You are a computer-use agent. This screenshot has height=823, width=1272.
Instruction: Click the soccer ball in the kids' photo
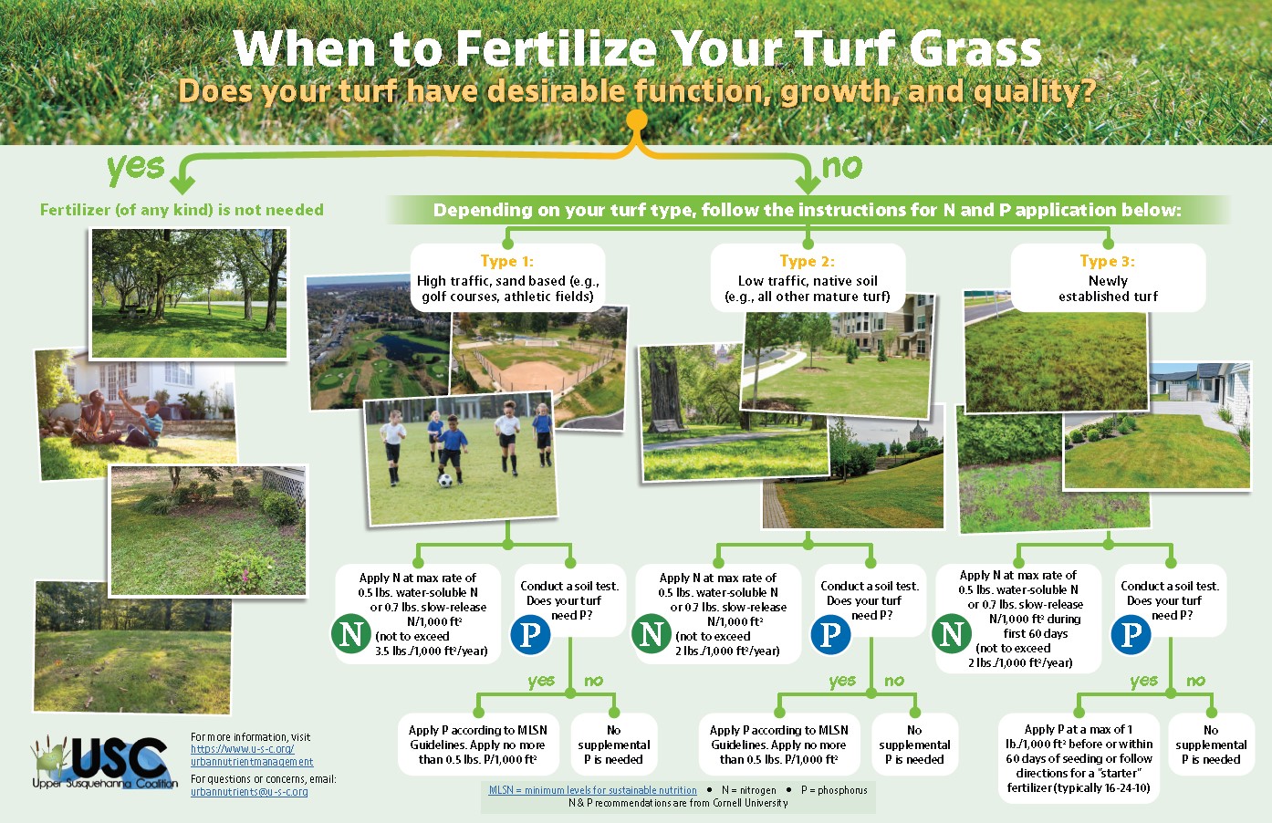pyautogui.click(x=445, y=481)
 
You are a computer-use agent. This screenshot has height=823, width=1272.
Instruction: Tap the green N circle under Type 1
pyautogui.click(x=351, y=633)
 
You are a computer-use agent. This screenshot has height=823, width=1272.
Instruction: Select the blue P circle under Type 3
pyautogui.click(x=1131, y=633)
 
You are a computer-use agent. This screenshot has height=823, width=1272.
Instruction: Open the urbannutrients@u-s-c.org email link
pyautogui.click(x=249, y=792)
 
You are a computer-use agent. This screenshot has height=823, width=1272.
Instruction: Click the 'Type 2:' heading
pyautogui.click(x=807, y=261)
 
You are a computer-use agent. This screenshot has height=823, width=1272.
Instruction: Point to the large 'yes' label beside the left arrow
pyautogui.click(x=136, y=167)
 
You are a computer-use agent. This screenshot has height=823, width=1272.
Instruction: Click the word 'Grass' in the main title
pyautogui.click(x=975, y=48)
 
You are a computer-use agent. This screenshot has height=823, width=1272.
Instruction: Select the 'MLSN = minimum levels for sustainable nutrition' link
pyautogui.click(x=593, y=790)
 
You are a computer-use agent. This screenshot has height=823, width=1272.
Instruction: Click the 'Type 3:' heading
pyautogui.click(x=1108, y=261)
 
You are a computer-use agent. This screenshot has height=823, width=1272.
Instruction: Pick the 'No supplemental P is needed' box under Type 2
pyautogui.click(x=914, y=745)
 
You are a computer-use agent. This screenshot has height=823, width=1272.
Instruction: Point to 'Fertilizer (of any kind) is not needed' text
pyautogui.click(x=182, y=210)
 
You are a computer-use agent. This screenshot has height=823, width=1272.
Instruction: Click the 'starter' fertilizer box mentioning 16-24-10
pyautogui.click(x=1079, y=757)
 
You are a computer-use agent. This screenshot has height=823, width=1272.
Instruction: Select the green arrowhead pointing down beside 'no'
pyautogui.click(x=808, y=184)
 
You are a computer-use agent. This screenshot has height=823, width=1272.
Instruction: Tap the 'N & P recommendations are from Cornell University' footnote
pyautogui.click(x=678, y=803)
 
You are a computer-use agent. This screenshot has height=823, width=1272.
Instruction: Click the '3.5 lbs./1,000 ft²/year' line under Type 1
pyautogui.click(x=431, y=651)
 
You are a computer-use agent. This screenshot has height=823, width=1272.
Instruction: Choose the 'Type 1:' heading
pyautogui.click(x=507, y=261)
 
